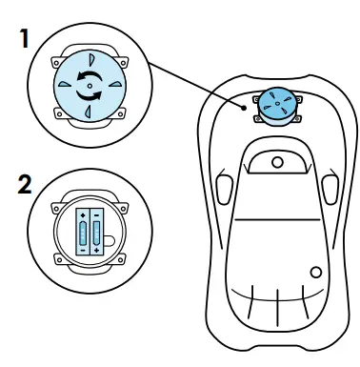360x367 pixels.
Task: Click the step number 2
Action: coord(13,186)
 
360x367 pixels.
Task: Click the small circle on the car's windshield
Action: coord(277,162)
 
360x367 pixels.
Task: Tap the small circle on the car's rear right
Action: coord(315,274)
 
